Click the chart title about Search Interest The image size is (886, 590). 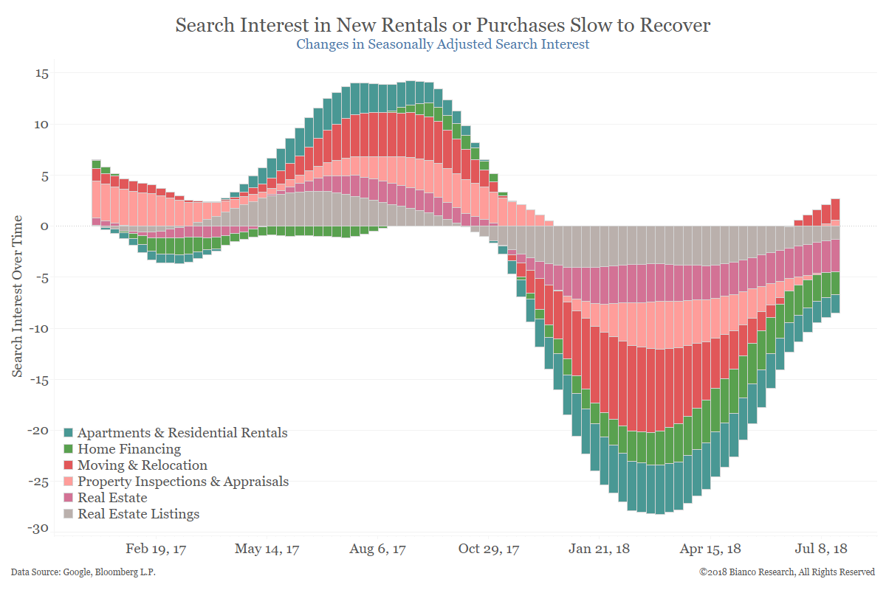coord(443,25)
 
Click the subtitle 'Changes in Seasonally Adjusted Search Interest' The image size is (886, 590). coord(443,44)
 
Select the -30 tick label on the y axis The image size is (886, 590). coord(39,529)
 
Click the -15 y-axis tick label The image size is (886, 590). coord(39,379)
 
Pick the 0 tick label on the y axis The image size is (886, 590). coord(44,226)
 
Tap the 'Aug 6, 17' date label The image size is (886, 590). coord(378,549)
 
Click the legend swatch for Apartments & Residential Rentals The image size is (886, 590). coord(69,433)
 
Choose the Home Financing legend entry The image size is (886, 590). coord(129,449)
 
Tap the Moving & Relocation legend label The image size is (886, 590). coord(142,465)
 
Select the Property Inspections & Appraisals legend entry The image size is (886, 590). coord(183,482)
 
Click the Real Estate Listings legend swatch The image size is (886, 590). coord(69,514)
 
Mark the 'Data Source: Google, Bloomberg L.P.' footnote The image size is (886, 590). coord(83,572)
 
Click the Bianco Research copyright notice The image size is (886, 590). coord(787,572)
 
